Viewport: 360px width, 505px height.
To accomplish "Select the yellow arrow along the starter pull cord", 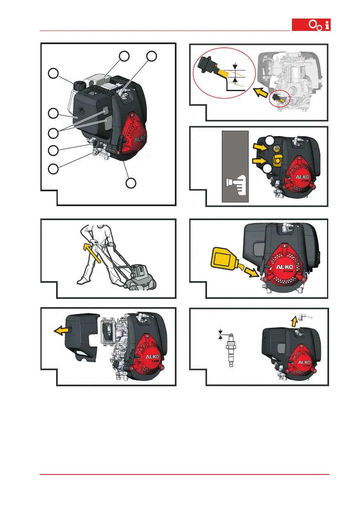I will pyautogui.click(x=91, y=255).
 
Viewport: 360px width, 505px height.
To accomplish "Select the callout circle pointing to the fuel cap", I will pyautogui.click(x=53, y=73).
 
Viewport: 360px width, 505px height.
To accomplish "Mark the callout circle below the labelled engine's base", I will pyautogui.click(x=131, y=183).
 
